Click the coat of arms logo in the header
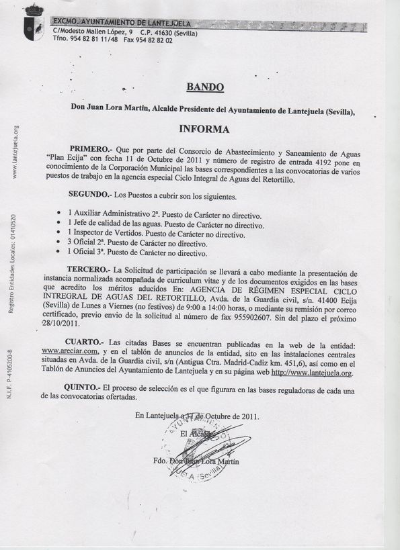pyautogui.click(x=34, y=23)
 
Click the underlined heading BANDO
pyautogui.click(x=204, y=87)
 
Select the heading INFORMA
pyautogui.click(x=204, y=129)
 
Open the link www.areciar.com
pyautogui.click(x=70, y=350)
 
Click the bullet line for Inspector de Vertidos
pyautogui.click(x=156, y=234)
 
